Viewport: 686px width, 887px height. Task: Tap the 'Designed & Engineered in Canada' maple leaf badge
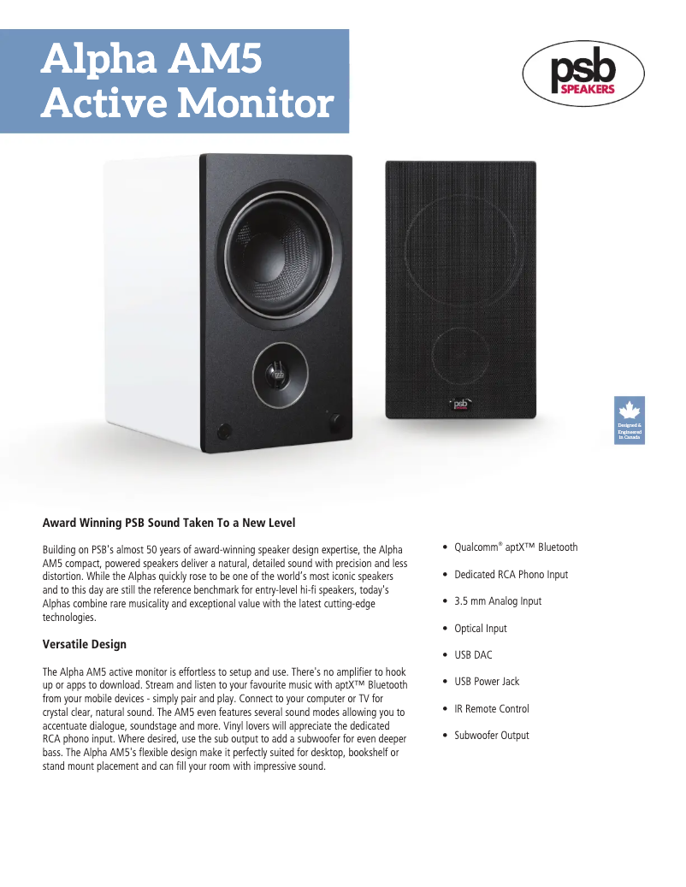tap(630, 420)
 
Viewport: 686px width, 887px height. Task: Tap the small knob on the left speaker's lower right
tap(334, 421)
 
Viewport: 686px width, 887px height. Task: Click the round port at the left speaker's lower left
tap(225, 430)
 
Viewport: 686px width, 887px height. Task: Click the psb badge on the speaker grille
tap(460, 403)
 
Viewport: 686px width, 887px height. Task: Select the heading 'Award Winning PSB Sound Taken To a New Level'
tap(169, 522)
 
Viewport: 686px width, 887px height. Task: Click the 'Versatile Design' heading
tap(85, 644)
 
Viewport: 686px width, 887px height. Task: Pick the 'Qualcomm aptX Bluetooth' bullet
tap(516, 547)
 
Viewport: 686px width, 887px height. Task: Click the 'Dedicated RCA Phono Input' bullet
tap(511, 575)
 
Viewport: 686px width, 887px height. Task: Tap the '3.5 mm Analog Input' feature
tap(498, 601)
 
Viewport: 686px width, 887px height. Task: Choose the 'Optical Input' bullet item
tap(480, 629)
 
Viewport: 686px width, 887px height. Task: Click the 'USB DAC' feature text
tap(473, 655)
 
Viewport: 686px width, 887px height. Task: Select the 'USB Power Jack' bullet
tap(487, 682)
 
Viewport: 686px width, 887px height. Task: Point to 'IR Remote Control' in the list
tap(491, 709)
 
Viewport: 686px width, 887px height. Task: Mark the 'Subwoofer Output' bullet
tap(491, 736)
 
